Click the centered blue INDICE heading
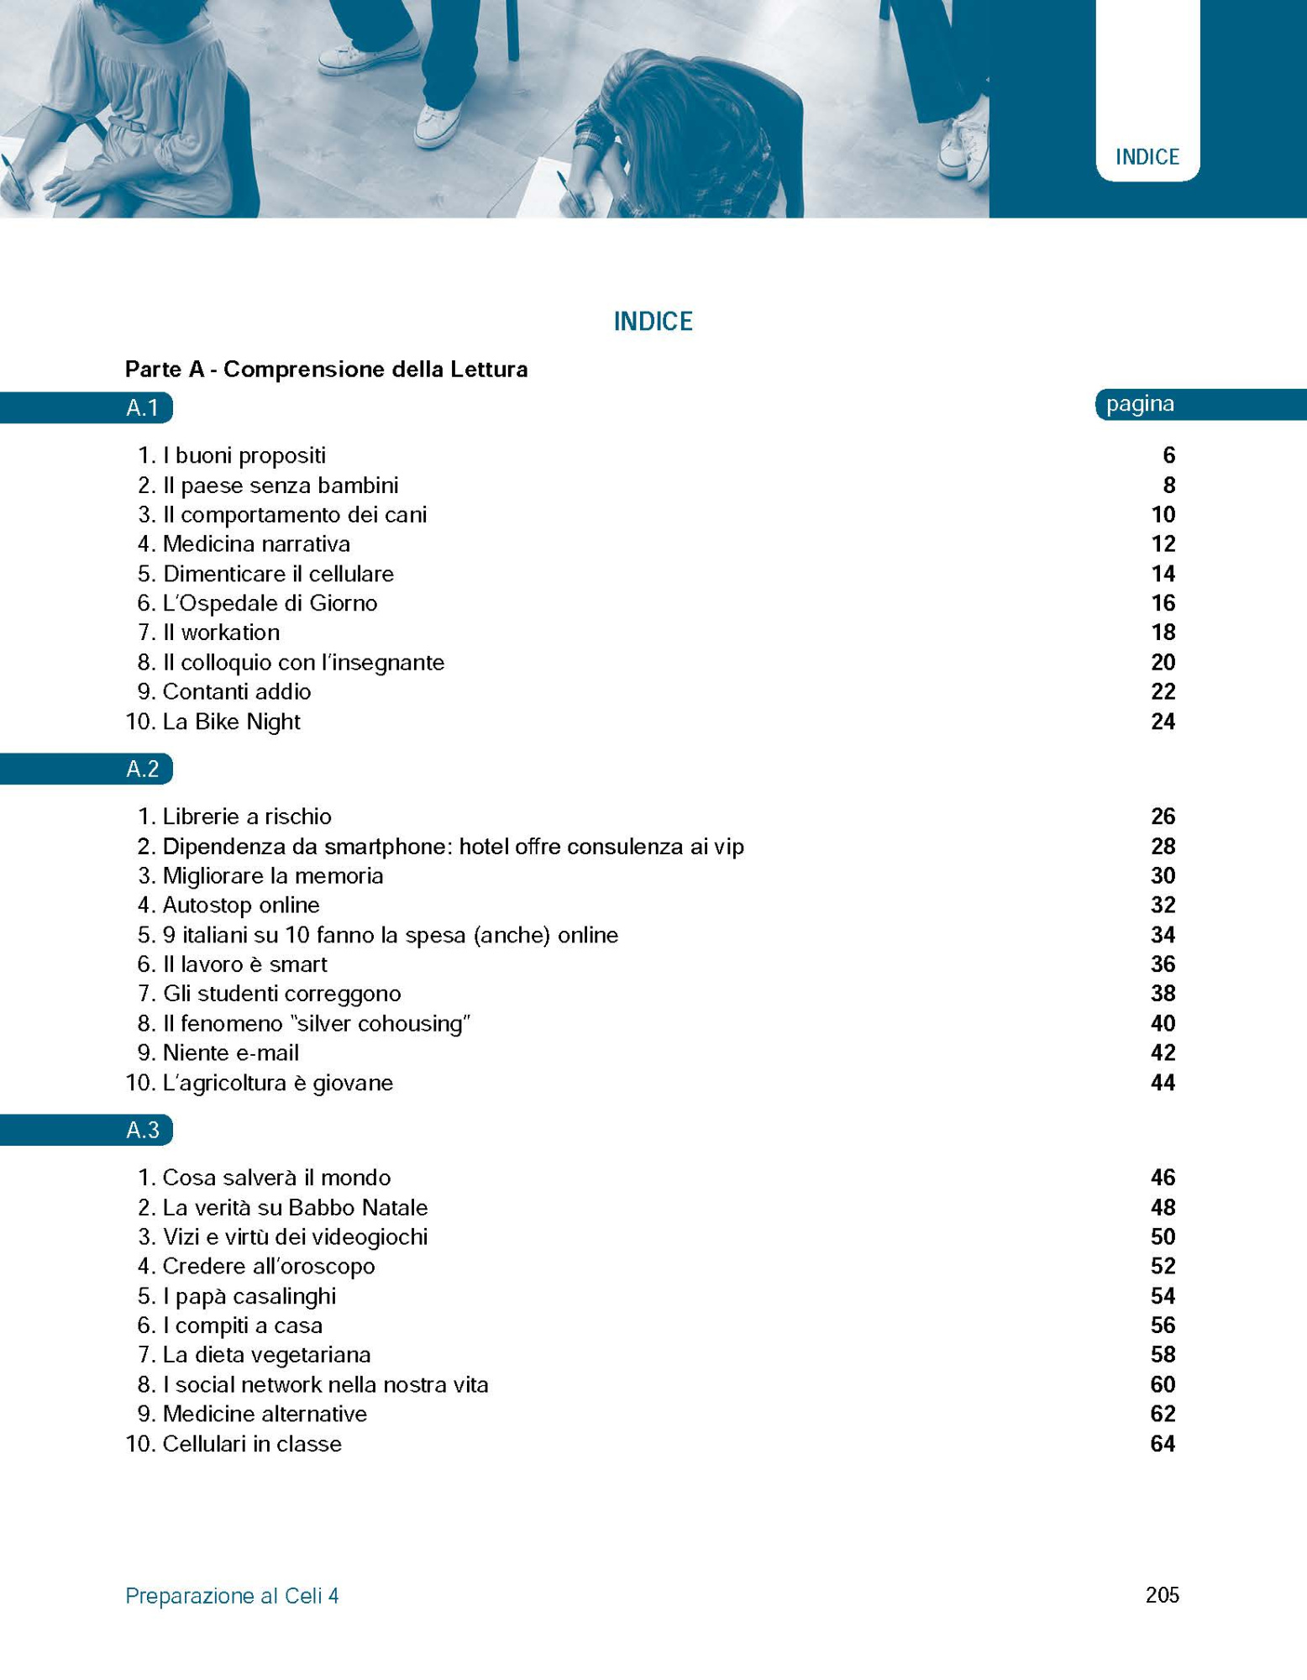click(653, 321)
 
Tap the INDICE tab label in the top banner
click(1147, 157)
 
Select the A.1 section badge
click(143, 408)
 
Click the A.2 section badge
click(143, 769)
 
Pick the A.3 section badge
click(143, 1130)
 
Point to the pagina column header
click(1140, 404)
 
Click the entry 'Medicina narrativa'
click(256, 544)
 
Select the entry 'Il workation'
click(221, 633)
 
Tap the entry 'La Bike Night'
click(231, 722)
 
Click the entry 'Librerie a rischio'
click(247, 816)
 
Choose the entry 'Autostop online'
click(241, 905)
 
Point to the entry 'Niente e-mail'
click(231, 1053)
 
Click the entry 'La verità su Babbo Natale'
click(295, 1207)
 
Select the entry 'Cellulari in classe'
click(252, 1444)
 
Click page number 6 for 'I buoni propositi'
click(1168, 455)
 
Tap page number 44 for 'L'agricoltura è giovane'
click(1163, 1083)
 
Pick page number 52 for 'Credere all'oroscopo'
click(1163, 1266)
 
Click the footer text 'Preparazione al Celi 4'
click(232, 1596)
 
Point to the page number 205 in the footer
click(1162, 1595)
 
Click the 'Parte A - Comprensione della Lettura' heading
click(326, 370)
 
